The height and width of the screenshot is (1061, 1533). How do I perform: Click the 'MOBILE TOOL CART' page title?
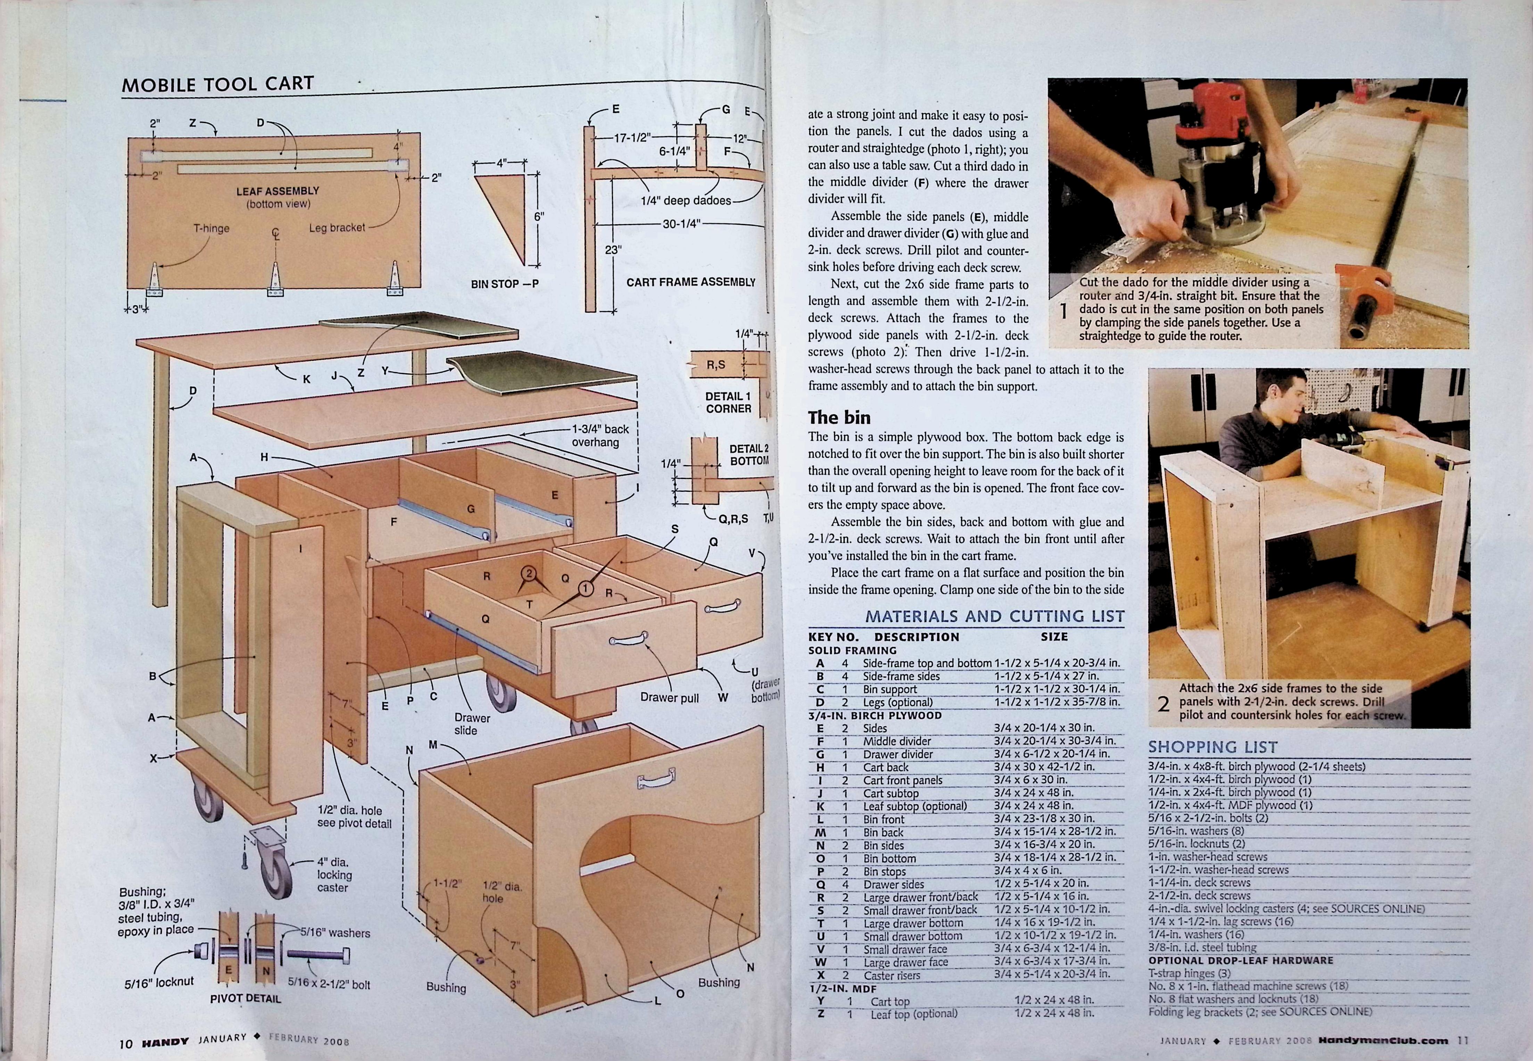click(217, 84)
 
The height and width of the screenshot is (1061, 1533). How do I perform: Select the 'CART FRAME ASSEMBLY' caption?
click(691, 282)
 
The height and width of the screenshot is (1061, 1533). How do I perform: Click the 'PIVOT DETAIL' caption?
click(245, 998)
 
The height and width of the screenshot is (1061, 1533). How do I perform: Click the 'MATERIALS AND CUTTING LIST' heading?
click(995, 616)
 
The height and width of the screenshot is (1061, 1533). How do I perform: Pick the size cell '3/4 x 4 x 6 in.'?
click(1028, 871)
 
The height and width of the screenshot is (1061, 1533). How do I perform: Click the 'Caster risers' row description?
click(892, 975)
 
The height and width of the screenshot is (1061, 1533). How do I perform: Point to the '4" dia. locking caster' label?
click(334, 875)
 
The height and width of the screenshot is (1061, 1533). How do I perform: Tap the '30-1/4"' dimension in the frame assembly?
click(681, 224)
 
